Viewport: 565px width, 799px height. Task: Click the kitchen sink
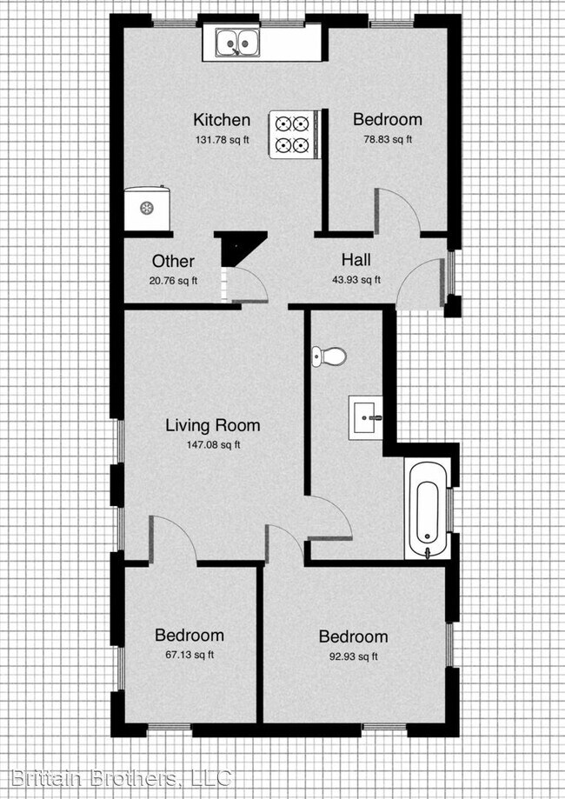point(236,42)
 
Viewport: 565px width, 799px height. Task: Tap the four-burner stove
point(292,134)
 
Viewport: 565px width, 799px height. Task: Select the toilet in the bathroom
point(329,356)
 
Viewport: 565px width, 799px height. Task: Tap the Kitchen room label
point(222,121)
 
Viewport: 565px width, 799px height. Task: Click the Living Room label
point(213,426)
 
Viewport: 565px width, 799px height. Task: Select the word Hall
point(356,260)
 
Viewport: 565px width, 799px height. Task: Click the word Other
point(173,262)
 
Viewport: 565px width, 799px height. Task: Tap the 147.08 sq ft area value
point(212,445)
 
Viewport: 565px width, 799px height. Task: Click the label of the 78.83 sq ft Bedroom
point(387,120)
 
